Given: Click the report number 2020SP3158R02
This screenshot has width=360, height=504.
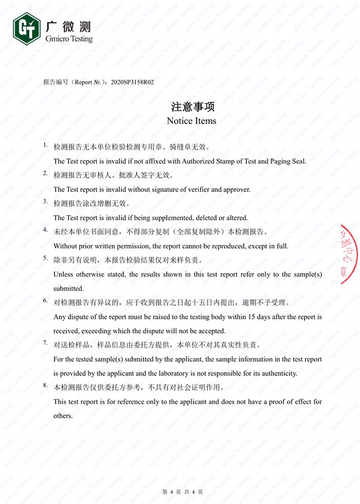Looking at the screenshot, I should coord(136,82).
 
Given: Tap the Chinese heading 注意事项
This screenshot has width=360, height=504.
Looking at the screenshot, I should coord(192,107).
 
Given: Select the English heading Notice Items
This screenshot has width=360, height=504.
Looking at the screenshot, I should coord(192,121).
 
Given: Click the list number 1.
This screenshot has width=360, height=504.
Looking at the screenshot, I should coord(45,146).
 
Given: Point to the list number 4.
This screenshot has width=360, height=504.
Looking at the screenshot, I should coord(45,230).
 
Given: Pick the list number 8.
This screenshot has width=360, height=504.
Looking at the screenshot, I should coord(45,385).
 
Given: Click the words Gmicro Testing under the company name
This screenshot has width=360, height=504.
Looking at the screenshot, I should coord(69,39).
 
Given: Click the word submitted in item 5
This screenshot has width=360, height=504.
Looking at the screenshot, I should coord(68,289).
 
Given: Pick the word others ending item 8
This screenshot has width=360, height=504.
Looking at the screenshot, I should coord(63,416).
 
